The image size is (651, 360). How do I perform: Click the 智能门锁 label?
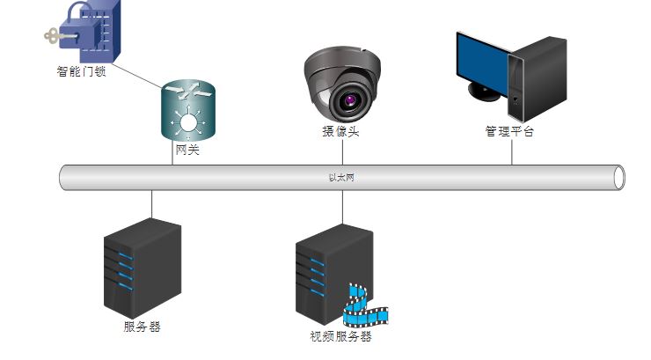pyautogui.click(x=82, y=72)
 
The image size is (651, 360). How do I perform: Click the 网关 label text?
pyautogui.click(x=187, y=151)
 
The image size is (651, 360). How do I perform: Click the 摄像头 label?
pyautogui.click(x=340, y=132)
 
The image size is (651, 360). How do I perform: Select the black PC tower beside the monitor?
pyautogui.click(x=538, y=79)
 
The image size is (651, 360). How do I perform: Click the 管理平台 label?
pyautogui.click(x=509, y=132)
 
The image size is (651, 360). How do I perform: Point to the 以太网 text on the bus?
pyautogui.click(x=341, y=177)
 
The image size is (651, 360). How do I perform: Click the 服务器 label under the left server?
pyautogui.click(x=142, y=327)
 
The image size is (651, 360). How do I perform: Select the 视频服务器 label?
pyautogui.click(x=340, y=336)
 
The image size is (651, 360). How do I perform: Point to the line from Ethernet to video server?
pyautogui.click(x=341, y=207)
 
